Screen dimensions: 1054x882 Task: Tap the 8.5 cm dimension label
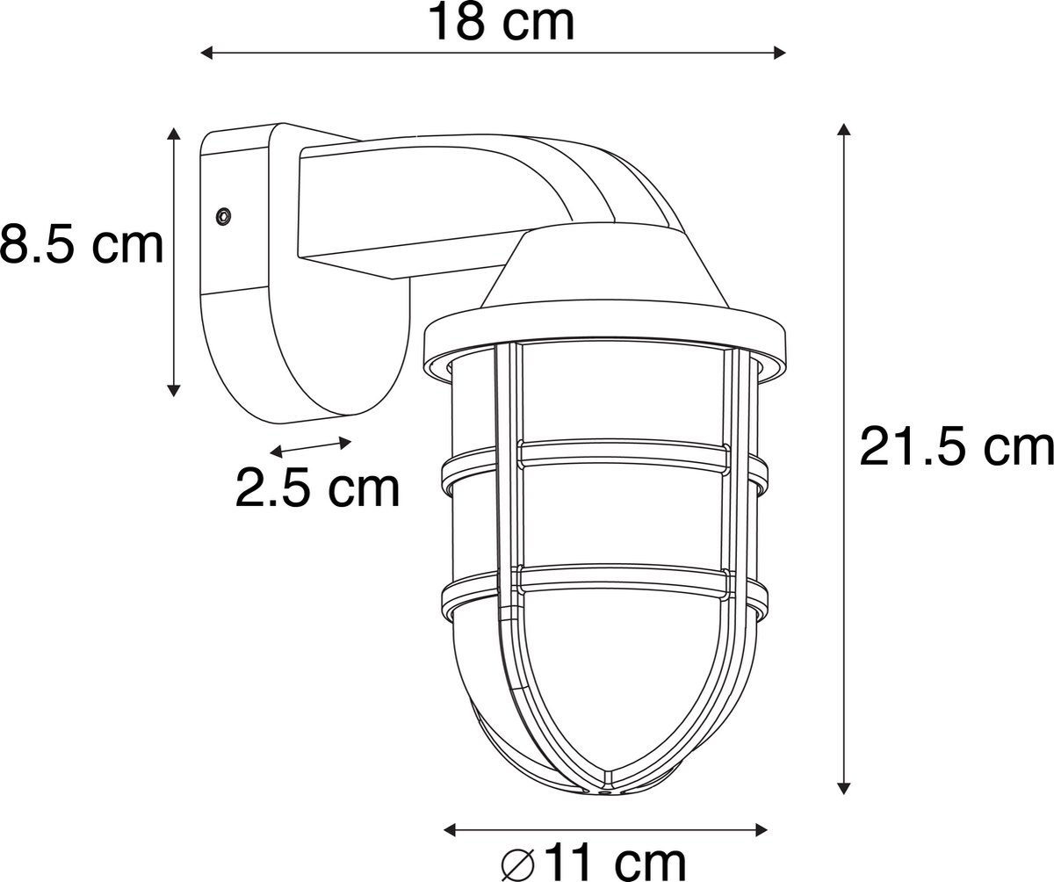tap(82, 245)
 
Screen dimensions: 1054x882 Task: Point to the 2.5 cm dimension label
tap(317, 488)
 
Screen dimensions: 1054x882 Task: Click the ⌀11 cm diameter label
tap(594, 863)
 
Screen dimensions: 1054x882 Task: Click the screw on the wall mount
tap(223, 217)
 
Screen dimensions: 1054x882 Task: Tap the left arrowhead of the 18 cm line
tap(207, 53)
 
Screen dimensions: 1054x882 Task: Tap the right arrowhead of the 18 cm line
tap(779, 53)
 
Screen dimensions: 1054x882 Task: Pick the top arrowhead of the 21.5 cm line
tap(843, 129)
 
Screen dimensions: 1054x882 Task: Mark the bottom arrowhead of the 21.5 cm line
tap(843, 788)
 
